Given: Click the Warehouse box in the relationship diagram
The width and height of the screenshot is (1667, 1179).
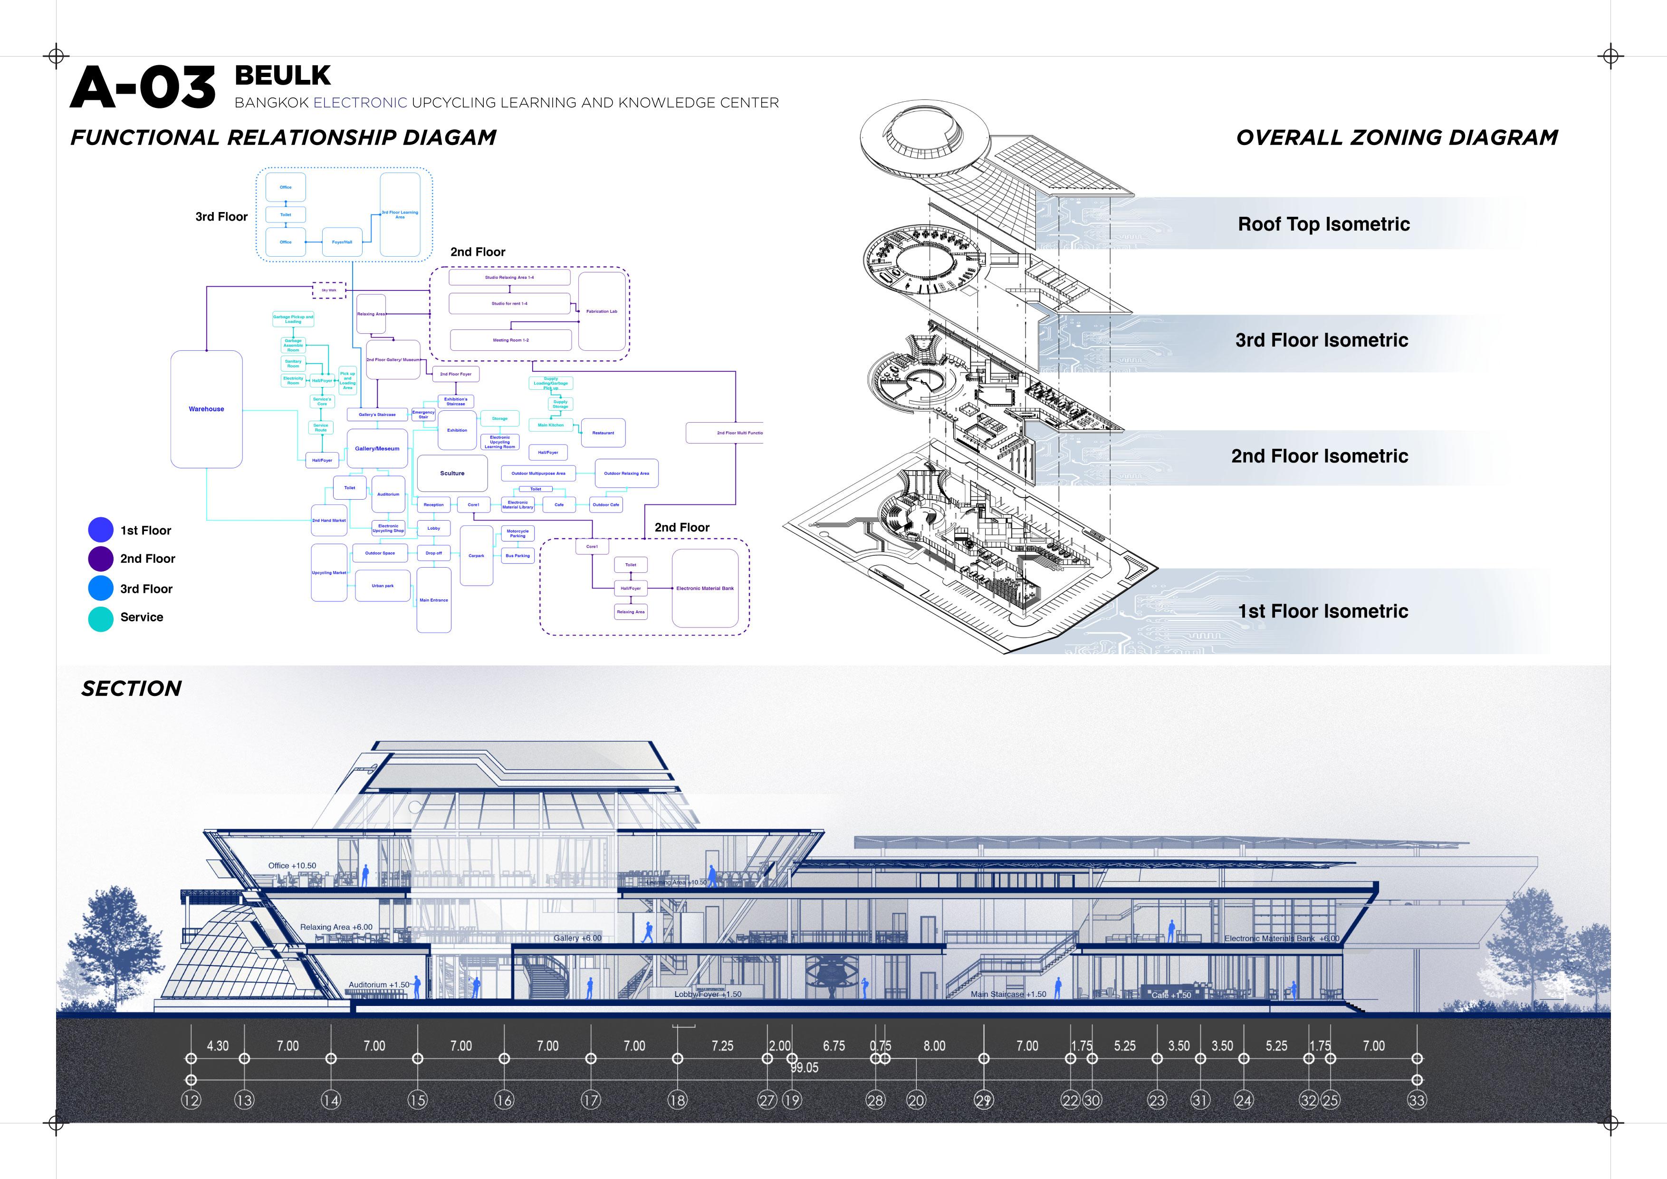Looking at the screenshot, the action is point(206,409).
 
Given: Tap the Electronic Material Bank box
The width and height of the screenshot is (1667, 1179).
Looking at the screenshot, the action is point(705,589).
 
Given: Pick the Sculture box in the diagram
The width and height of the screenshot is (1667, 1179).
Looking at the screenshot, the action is point(452,473).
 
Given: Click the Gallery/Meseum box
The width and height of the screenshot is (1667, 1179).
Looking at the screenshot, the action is point(377,448).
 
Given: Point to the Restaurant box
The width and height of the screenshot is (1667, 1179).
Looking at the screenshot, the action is point(603,432).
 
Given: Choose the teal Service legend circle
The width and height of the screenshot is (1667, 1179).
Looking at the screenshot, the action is point(101,618).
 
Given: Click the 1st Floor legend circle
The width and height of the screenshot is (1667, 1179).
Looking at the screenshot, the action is point(101,530).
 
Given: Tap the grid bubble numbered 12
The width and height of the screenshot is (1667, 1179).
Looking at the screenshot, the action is point(191,1100).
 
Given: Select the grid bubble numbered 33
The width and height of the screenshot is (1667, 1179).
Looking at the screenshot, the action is point(1417,1100).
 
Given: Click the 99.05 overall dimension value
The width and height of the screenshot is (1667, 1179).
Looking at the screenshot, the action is point(805,1068).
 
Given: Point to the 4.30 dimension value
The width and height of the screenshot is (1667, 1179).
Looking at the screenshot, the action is point(217,1046).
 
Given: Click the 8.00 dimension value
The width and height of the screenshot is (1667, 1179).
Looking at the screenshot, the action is point(934,1046).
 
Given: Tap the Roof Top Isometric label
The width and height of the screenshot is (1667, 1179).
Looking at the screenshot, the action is point(1323,224).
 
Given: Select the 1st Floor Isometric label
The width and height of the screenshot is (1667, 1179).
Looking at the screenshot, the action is point(1323,611).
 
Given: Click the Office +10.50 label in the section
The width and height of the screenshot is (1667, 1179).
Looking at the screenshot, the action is point(292,866).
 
